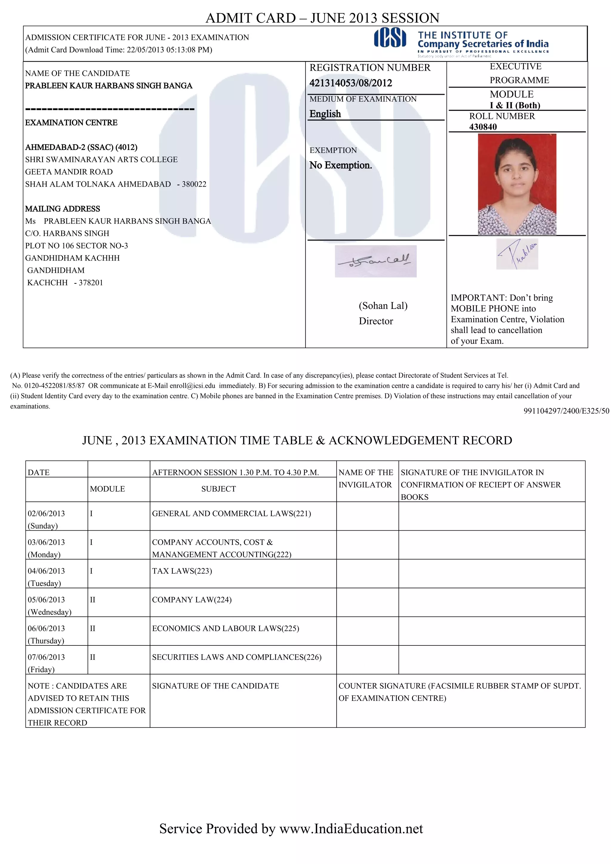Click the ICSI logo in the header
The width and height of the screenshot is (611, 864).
390,38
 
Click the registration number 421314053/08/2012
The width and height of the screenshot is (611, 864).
351,83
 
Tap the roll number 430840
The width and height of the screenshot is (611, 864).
483,127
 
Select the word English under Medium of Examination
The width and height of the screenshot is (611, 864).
325,114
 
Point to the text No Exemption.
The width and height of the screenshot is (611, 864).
340,165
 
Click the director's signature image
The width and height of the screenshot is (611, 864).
375,261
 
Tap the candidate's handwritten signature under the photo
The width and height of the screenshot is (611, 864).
517,254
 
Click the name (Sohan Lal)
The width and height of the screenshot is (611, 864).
383,306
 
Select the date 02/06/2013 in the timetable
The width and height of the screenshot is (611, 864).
46,513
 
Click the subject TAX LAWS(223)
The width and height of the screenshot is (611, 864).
182,571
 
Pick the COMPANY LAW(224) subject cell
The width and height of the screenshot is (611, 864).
192,600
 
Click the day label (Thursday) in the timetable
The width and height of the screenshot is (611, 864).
46,640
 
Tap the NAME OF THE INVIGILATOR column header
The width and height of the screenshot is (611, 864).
365,478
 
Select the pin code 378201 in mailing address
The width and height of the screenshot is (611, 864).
90,283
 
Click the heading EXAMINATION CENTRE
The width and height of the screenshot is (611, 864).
71,123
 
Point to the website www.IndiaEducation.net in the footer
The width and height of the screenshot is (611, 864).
351,828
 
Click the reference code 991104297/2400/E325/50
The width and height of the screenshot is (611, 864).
566,411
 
